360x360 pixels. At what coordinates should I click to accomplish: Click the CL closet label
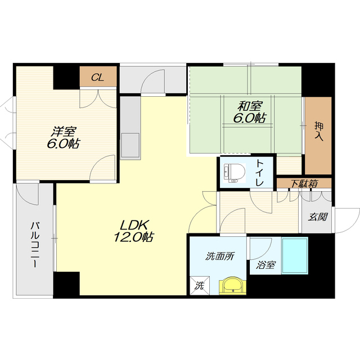[x=97, y=78]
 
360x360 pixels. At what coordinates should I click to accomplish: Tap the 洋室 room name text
[x=64, y=132]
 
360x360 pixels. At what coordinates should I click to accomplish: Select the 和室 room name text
[x=250, y=106]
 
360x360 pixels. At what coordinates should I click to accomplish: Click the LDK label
[x=134, y=225]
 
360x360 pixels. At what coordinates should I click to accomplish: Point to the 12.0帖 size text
[x=134, y=237]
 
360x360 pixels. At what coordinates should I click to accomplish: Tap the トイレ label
[x=260, y=173]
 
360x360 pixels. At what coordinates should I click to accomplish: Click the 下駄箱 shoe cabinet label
[x=304, y=184]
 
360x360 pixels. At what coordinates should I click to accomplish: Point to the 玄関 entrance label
[x=317, y=217]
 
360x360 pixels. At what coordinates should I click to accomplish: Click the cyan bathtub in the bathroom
[x=295, y=256]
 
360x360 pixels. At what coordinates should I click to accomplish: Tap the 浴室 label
[x=265, y=265]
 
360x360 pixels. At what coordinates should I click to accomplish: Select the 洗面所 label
[x=220, y=256]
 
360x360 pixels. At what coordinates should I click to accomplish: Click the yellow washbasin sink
[x=232, y=286]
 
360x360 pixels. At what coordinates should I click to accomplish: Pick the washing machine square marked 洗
[x=200, y=285]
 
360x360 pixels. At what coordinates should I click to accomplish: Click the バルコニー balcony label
[x=35, y=244]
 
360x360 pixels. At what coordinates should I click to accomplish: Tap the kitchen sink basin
[x=130, y=145]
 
